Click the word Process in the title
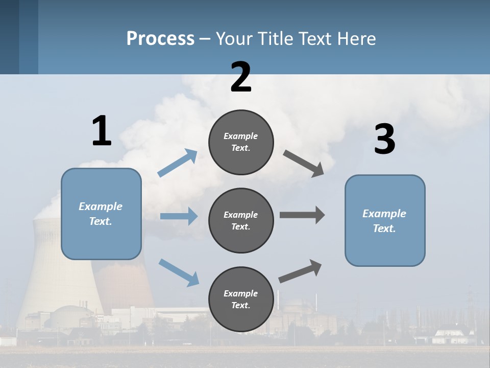160,38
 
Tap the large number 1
102,131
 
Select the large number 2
241,77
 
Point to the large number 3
384,140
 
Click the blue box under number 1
101,214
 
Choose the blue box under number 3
385,220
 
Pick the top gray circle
241,142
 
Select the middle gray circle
241,220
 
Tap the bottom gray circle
241,299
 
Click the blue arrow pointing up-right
178,163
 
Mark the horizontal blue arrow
179,216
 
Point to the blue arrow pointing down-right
179,272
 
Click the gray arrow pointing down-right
304,163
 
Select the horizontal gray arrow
302,215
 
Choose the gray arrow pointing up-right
300,271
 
